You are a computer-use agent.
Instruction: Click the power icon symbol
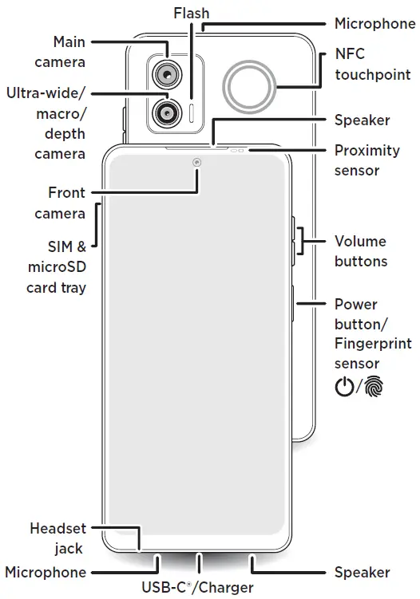[x=343, y=388]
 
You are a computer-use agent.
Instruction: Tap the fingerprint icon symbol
[x=373, y=388]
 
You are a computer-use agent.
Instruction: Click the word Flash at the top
[x=192, y=13]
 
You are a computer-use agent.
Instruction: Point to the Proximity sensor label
[x=367, y=160]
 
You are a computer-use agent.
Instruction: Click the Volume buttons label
[x=360, y=251]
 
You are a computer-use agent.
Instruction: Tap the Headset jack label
[x=58, y=538]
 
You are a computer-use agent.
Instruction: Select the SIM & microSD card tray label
[x=57, y=266]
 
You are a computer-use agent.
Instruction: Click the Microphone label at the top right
[x=374, y=24]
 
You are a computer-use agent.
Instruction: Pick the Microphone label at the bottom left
[x=46, y=572]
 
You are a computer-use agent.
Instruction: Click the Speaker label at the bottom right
[x=363, y=572]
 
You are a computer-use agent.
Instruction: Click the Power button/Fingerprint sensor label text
[x=373, y=334]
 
